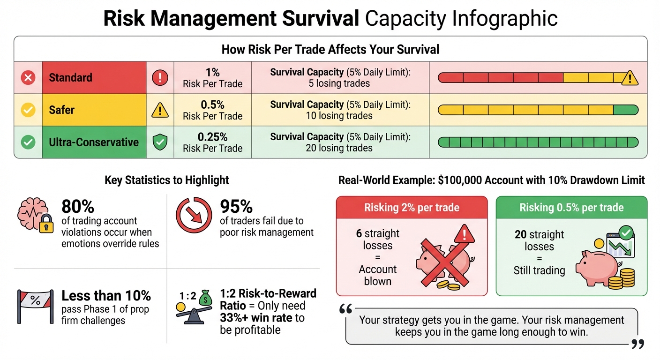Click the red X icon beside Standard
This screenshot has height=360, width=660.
[29, 77]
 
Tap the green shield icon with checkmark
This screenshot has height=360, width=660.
[160, 142]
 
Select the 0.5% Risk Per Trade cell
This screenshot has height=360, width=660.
[212, 110]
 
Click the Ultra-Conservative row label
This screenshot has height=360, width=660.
[94, 142]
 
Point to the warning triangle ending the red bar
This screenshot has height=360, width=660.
[629, 77]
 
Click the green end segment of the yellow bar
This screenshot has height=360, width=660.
[625, 110]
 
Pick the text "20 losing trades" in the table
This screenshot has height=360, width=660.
[339, 148]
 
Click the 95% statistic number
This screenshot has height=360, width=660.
[236, 207]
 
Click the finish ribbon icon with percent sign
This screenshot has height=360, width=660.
[35, 306]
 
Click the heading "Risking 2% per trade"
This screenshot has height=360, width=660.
[412, 208]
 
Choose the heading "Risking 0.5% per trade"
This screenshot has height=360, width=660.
[571, 208]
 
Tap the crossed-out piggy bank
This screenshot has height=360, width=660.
[443, 260]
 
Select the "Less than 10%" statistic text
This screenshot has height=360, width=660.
[106, 296]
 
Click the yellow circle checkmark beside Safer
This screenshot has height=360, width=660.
[29, 110]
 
